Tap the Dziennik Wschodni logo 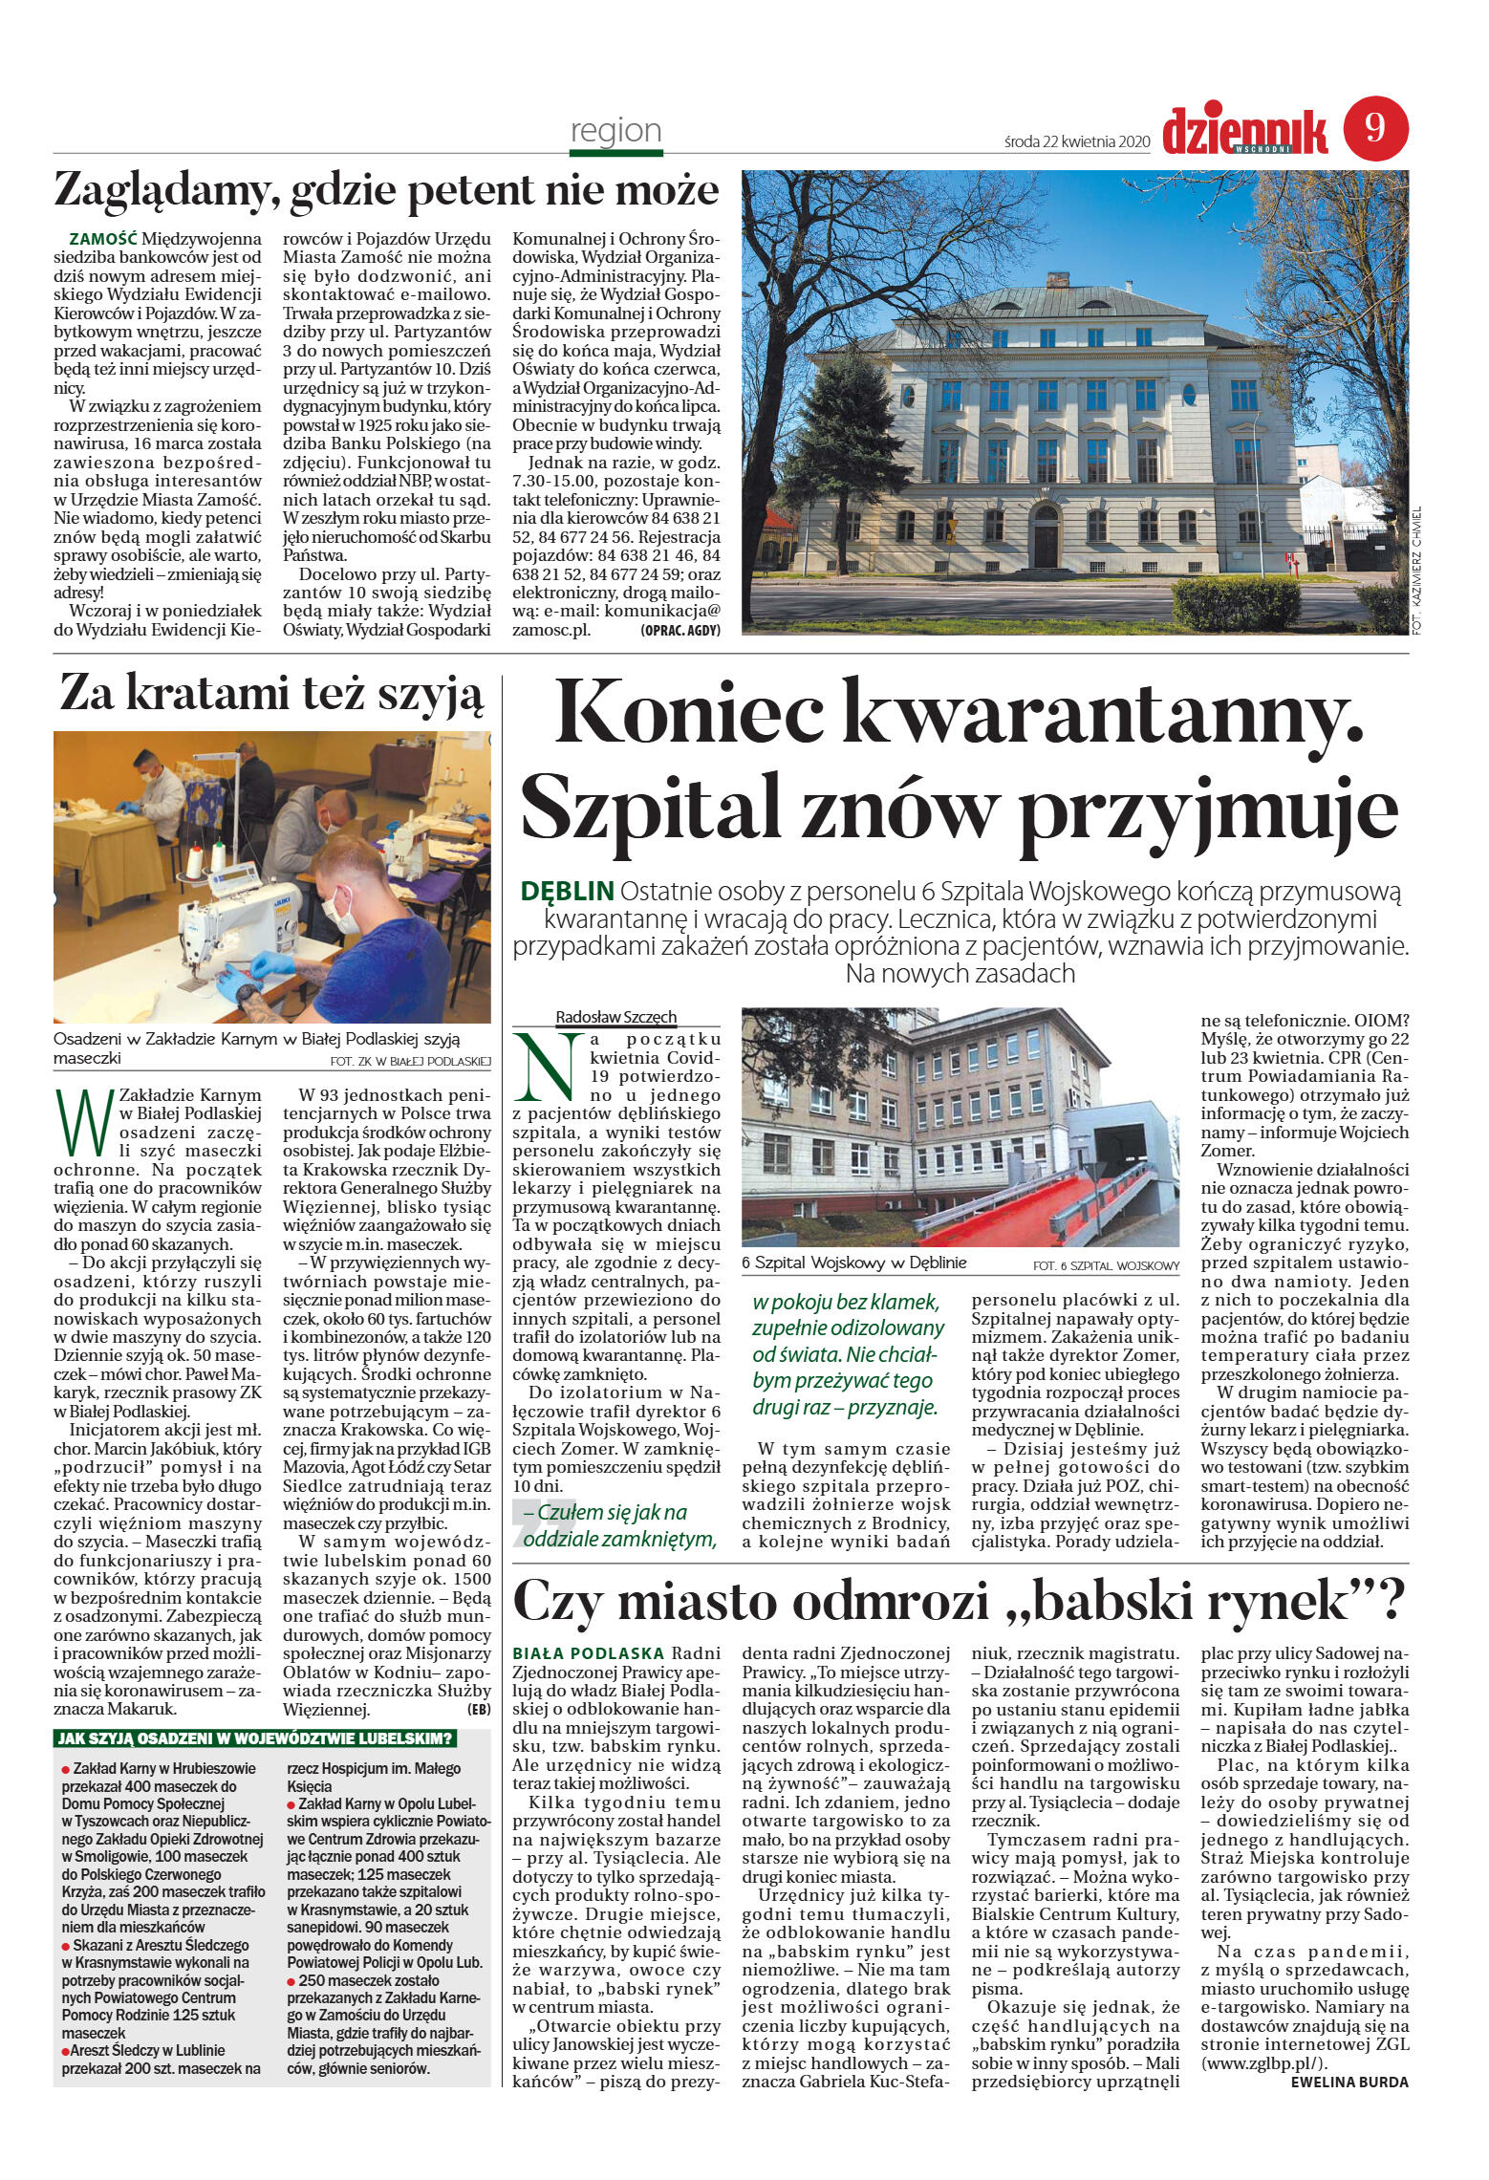pos(1246,132)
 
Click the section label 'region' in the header pos(615,130)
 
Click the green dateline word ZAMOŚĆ pos(104,238)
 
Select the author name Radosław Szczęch pos(615,1018)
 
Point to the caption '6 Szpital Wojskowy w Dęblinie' pos(853,1263)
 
